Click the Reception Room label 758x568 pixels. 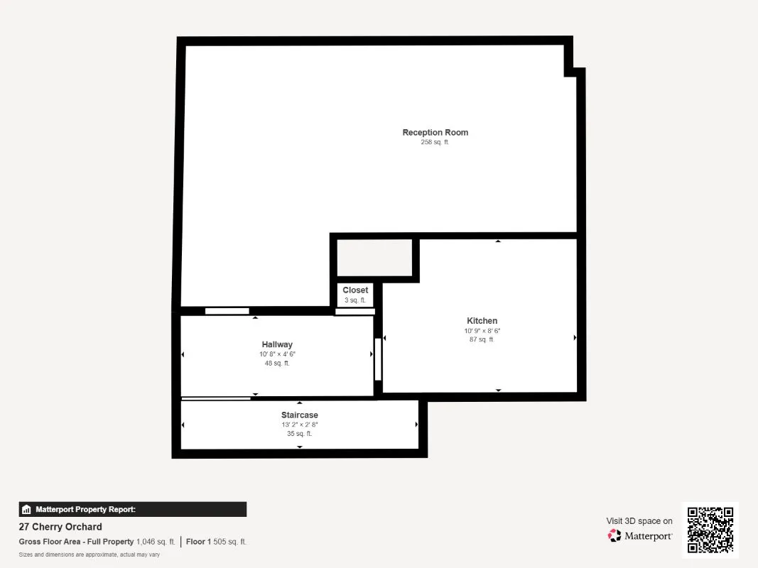tap(435, 133)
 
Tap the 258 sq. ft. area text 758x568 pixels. tap(435, 143)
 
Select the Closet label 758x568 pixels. tap(355, 290)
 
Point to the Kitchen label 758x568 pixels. tap(482, 321)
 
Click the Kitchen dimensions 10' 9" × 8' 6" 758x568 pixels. tap(482, 331)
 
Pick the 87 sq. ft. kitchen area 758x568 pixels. tap(482, 340)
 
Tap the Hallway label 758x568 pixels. tap(277, 345)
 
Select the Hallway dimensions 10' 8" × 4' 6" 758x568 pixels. tap(277, 354)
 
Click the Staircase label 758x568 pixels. tap(299, 415)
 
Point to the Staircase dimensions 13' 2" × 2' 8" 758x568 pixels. tap(299, 425)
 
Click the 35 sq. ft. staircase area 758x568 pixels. tap(299, 434)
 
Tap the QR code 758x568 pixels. tap(710, 530)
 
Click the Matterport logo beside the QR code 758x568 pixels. tap(640, 536)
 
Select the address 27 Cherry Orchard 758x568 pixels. tap(60, 527)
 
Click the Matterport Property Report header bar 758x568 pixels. tap(133, 509)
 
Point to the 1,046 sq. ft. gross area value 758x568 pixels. tap(156, 542)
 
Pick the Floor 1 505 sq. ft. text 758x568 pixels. tap(216, 542)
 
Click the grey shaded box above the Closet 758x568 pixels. tap(374, 258)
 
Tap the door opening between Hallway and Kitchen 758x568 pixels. tap(378, 359)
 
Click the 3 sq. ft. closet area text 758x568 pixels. tap(355, 300)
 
